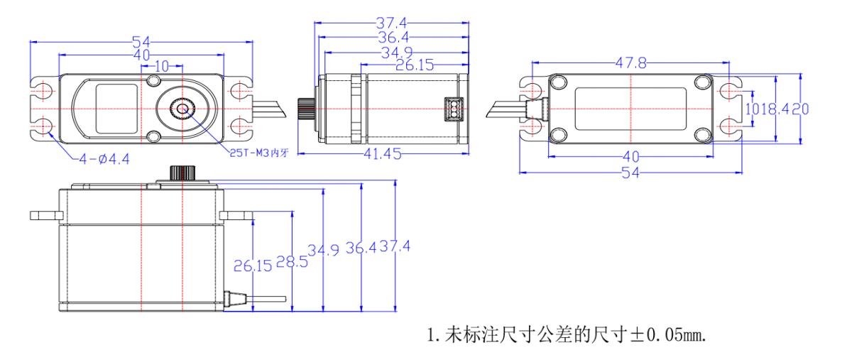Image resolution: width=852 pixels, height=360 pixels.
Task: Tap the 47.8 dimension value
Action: (x=630, y=64)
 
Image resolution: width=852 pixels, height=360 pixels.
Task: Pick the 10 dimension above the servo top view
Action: (x=161, y=66)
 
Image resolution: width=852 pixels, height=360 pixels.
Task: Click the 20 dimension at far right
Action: (x=801, y=109)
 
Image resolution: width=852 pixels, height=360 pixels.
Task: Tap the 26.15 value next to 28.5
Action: (x=253, y=266)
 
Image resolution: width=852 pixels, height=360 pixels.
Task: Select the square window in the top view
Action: (x=116, y=108)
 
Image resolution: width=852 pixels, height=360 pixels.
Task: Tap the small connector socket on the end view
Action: (x=450, y=109)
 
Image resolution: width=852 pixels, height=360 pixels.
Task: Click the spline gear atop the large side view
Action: (x=182, y=173)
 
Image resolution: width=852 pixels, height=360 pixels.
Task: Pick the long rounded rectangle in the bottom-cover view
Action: (x=630, y=109)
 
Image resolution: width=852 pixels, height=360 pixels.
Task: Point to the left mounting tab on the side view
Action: (x=45, y=214)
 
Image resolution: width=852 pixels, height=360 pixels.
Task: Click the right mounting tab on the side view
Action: (x=237, y=214)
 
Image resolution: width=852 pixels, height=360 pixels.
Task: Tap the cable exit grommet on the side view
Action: (x=230, y=299)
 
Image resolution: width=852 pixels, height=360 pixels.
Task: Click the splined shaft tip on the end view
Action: (x=304, y=109)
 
